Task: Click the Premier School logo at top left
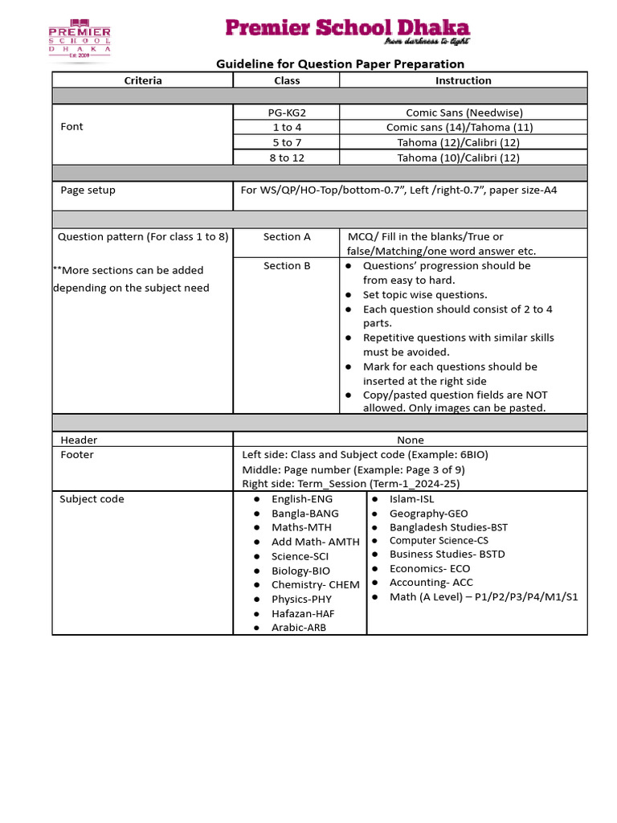pyautogui.click(x=80, y=39)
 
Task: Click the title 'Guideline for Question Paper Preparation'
pyautogui.click(x=341, y=63)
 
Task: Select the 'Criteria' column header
pyautogui.click(x=143, y=80)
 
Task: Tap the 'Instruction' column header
pyautogui.click(x=463, y=80)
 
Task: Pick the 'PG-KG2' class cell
pyautogui.click(x=287, y=113)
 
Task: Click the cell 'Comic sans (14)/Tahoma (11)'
pyautogui.click(x=459, y=127)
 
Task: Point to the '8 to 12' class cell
pyautogui.click(x=287, y=158)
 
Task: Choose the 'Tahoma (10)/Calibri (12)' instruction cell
pyautogui.click(x=459, y=158)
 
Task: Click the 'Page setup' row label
pyautogui.click(x=88, y=190)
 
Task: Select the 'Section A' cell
pyautogui.click(x=287, y=236)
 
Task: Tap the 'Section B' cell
pyautogui.click(x=287, y=265)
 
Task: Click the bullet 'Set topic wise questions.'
pyautogui.click(x=425, y=295)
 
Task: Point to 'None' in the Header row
pyautogui.click(x=410, y=440)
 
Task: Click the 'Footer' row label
pyautogui.click(x=77, y=454)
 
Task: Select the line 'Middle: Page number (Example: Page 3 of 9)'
pyautogui.click(x=353, y=469)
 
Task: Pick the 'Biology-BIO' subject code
pyautogui.click(x=300, y=571)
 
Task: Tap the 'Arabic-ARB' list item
pyautogui.click(x=300, y=628)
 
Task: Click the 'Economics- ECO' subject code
pyautogui.click(x=430, y=568)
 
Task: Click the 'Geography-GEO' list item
pyautogui.click(x=428, y=513)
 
